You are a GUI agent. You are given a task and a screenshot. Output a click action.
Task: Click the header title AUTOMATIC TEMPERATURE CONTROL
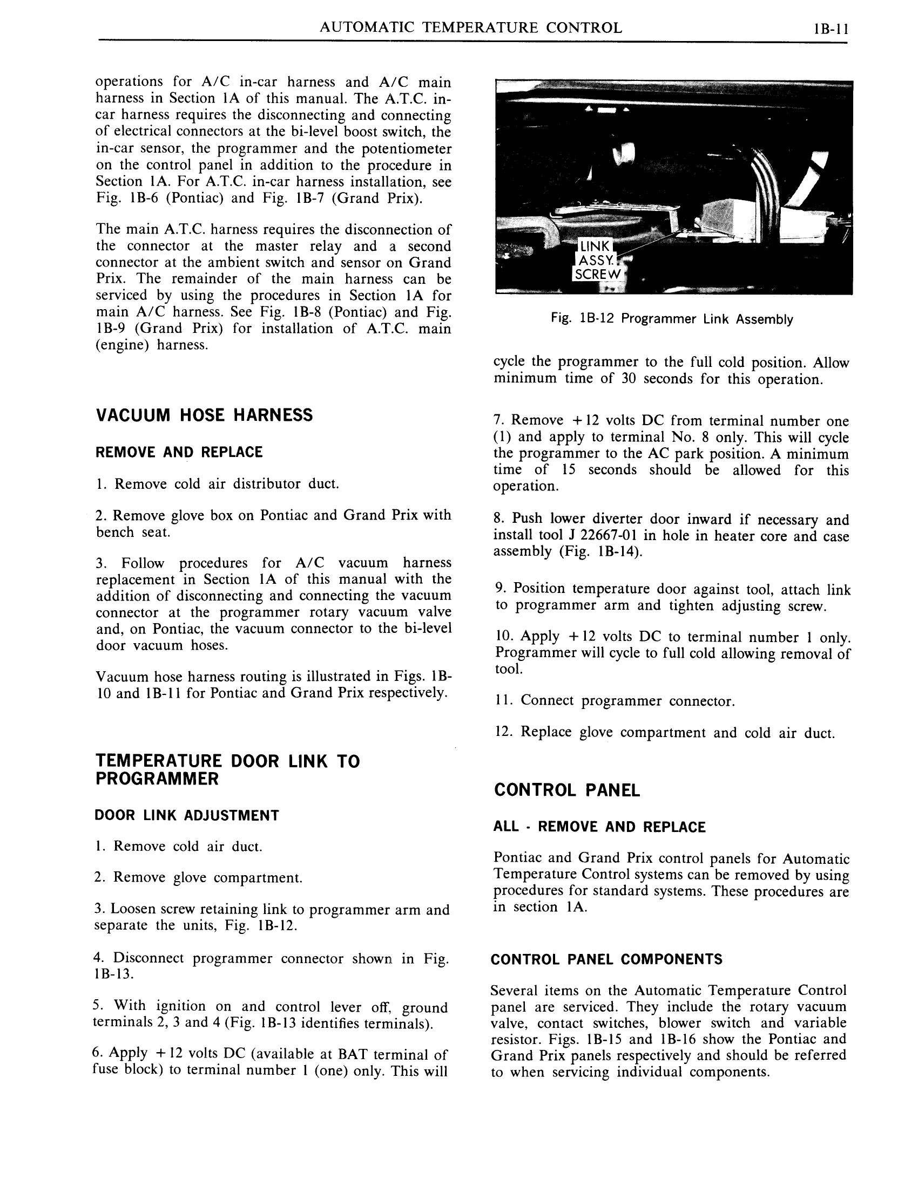pos(470,28)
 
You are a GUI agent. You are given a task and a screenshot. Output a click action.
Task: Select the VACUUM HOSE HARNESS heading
pos(204,415)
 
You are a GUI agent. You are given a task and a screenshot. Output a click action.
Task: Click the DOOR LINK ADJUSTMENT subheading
pos(186,815)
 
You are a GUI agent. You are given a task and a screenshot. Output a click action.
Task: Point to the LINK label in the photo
pos(595,247)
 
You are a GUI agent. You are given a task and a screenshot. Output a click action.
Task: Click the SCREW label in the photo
pos(597,275)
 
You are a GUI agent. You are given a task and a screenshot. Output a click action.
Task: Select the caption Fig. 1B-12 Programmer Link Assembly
pos(672,319)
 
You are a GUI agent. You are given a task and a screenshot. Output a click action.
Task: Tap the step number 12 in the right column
pos(504,732)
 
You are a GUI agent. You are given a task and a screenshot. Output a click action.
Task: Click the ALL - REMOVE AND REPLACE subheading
pos(599,827)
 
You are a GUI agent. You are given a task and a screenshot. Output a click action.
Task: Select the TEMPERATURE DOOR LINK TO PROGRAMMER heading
pos(227,769)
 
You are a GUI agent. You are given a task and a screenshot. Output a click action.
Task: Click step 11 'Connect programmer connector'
pos(615,700)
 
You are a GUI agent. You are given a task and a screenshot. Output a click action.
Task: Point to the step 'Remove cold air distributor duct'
pos(218,484)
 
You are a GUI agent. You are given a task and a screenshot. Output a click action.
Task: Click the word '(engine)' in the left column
pos(123,345)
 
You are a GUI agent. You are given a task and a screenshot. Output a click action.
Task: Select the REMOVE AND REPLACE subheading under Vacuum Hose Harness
pos(179,452)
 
